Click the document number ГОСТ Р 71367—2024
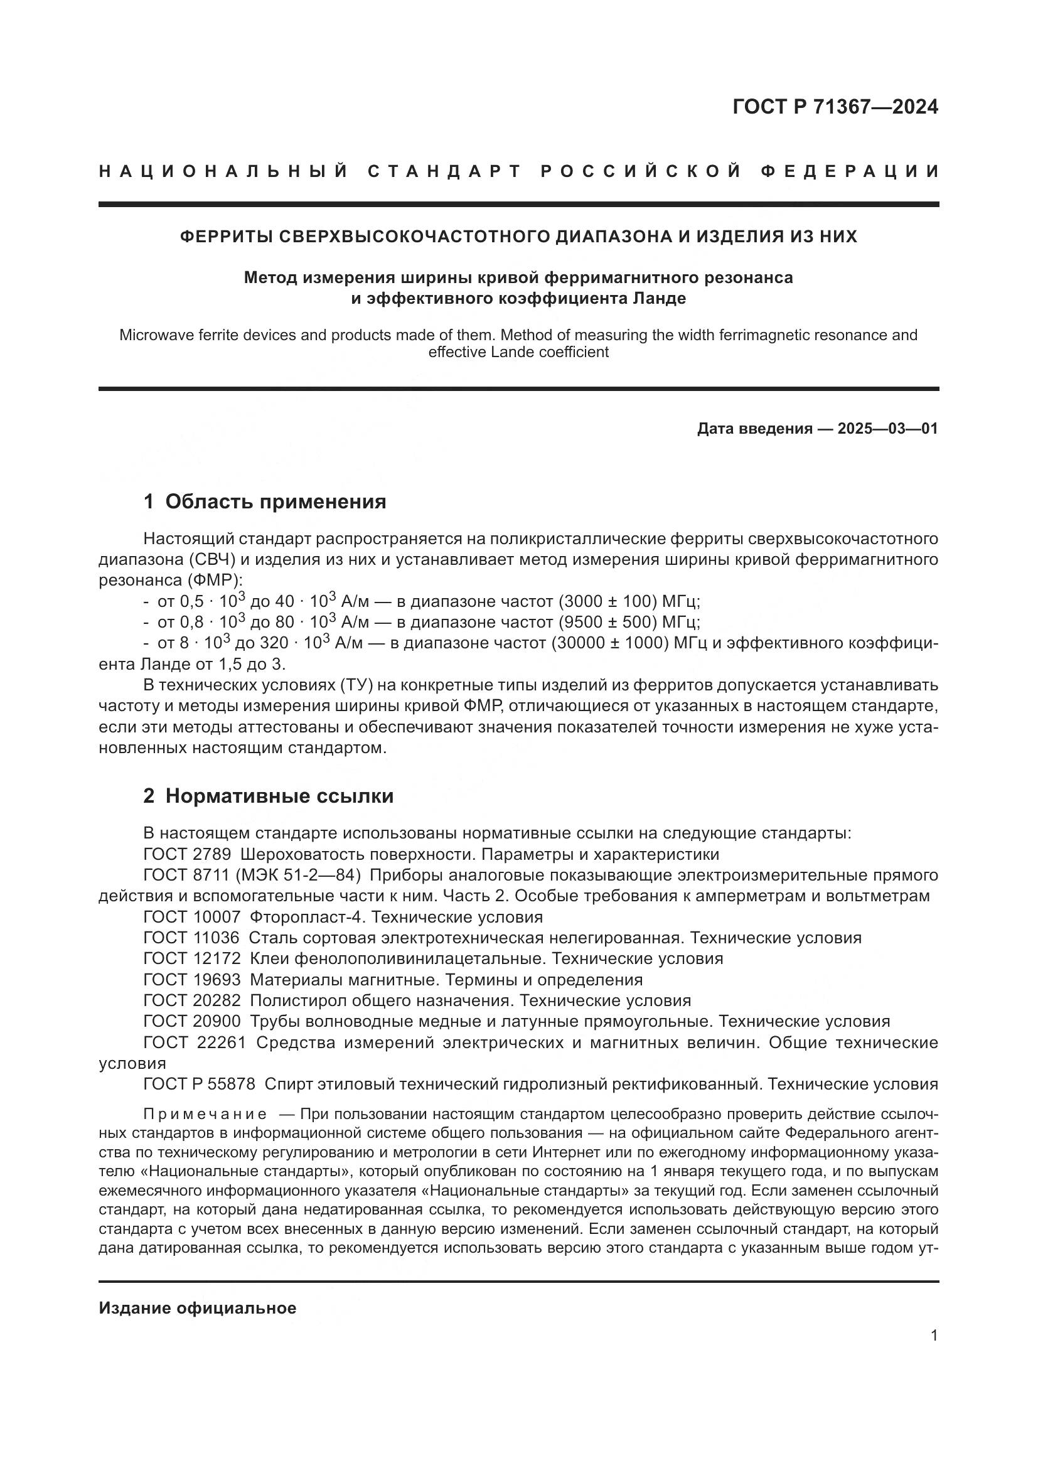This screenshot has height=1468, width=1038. (x=835, y=107)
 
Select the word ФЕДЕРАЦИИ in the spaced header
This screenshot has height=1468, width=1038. (x=850, y=171)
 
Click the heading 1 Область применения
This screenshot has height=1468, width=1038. (x=265, y=501)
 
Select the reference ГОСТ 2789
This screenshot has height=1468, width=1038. (x=186, y=855)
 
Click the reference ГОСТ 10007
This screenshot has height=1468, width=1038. (x=192, y=918)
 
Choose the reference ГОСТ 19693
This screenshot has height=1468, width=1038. (x=192, y=980)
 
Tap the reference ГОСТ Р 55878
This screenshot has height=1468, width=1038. (x=200, y=1085)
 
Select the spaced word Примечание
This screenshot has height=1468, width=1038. (x=205, y=1115)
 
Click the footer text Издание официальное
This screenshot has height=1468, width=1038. (x=198, y=1308)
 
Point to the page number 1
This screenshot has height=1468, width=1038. (x=934, y=1336)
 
